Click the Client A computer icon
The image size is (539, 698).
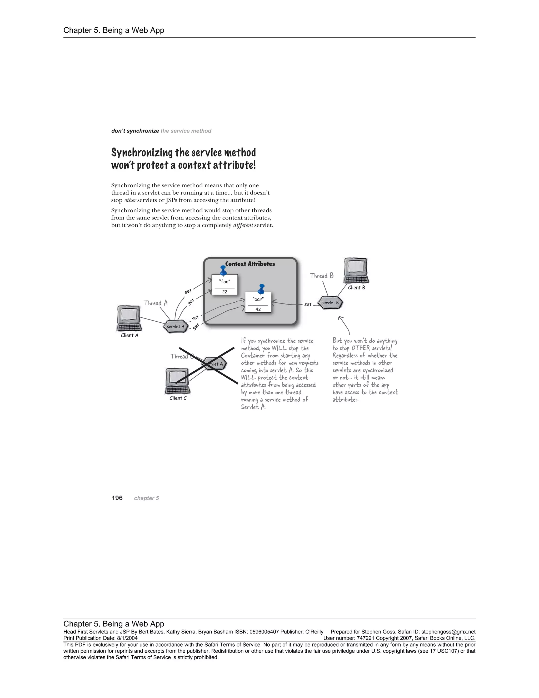[x=129, y=318]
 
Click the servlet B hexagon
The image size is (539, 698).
[x=330, y=303]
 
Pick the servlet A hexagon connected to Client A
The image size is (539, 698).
[x=175, y=326]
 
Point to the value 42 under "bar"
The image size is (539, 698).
[x=258, y=309]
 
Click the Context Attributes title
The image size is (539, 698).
[x=250, y=264]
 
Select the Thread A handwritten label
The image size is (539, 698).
[x=156, y=303]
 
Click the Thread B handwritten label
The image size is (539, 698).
[x=322, y=276]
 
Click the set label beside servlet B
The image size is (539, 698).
[x=307, y=304]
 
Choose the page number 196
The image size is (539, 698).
[x=117, y=498]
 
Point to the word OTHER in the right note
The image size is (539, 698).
[x=361, y=348]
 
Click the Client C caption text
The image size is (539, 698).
[x=178, y=398]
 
